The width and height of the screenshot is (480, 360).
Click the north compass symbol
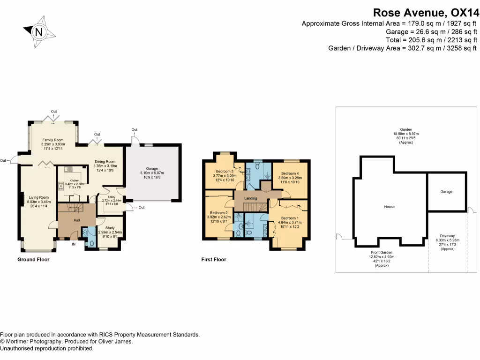pos(39,32)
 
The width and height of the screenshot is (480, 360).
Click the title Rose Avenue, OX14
pos(425,12)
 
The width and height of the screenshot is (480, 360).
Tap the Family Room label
pos(53,140)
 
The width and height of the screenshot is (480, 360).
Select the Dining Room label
pos(105,161)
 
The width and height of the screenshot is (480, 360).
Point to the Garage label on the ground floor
pos(151,168)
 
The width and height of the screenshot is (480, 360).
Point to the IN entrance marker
pos(74,244)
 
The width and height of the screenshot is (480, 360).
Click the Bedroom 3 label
pos(225,171)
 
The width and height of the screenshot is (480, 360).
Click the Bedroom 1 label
pos(289,218)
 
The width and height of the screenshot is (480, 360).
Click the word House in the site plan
pos(389,207)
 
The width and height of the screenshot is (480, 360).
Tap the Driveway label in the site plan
pos(448,236)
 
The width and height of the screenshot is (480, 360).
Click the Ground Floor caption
pos(33,259)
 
